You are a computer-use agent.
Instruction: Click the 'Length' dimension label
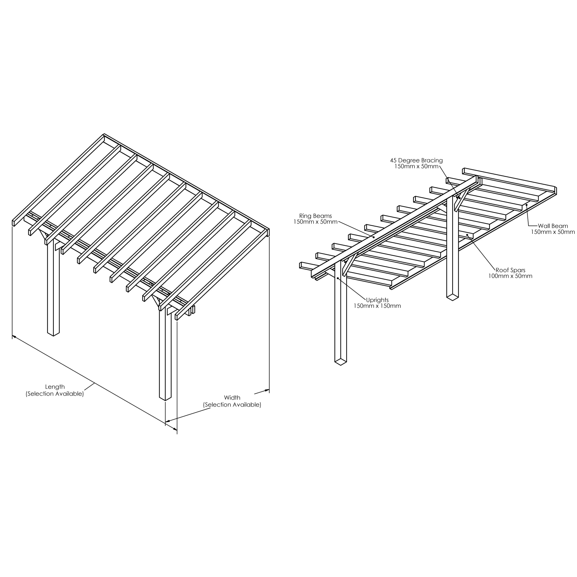tap(55, 387)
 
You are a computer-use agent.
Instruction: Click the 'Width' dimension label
tap(232, 398)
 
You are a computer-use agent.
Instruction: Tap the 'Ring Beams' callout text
tap(315, 216)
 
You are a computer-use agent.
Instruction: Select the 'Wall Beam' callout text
tap(553, 226)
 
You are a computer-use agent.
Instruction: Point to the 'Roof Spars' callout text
tap(511, 270)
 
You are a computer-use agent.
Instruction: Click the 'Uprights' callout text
tap(377, 300)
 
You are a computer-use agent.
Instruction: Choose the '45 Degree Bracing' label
tap(416, 160)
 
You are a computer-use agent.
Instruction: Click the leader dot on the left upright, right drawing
tap(338, 278)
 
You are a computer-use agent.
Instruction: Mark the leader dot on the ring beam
tap(373, 237)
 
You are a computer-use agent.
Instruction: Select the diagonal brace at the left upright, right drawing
tap(349, 264)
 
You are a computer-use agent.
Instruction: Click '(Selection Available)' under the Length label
tap(55, 394)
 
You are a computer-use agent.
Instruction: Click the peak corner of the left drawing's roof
tap(104, 134)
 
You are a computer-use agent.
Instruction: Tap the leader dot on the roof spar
tap(467, 235)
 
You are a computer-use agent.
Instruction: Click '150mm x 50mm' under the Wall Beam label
tap(553, 232)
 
